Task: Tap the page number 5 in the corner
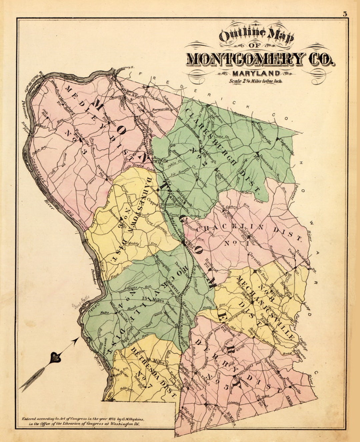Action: (344, 14)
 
